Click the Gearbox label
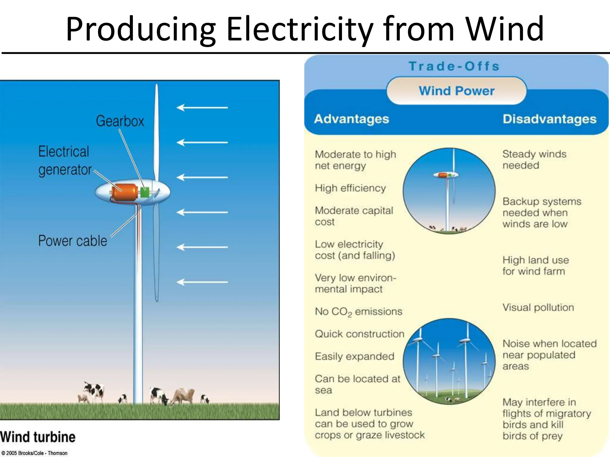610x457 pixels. coord(120,121)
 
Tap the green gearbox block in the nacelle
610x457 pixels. coord(145,192)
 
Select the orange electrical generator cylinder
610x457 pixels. coord(125,192)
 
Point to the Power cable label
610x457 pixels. coord(72,241)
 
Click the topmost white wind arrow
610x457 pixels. coord(202,107)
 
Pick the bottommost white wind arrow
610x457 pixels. coord(202,282)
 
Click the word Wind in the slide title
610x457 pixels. coord(504,29)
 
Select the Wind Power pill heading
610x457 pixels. coord(456,91)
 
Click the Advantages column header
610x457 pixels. coord(351,119)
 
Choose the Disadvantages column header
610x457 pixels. coord(549,119)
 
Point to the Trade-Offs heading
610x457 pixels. coord(454,66)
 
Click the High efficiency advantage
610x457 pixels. coord(350,188)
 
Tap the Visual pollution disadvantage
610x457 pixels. coord(538,307)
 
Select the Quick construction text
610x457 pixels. coord(359,334)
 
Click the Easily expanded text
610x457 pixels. coord(354,356)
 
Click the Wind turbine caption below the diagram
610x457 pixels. coord(38,437)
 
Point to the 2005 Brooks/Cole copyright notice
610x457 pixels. coord(34,453)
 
